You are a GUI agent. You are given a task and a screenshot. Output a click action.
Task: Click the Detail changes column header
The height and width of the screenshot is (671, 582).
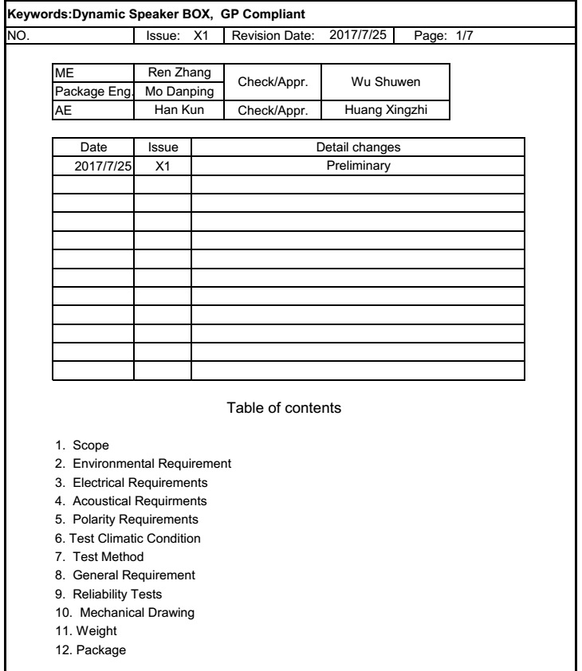click(x=358, y=147)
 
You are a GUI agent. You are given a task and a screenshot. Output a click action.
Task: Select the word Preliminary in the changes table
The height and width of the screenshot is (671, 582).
click(x=358, y=166)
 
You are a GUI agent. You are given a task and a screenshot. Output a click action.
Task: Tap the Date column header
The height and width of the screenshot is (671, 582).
click(x=93, y=147)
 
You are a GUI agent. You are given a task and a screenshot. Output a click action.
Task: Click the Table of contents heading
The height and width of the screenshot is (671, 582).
click(x=285, y=408)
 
